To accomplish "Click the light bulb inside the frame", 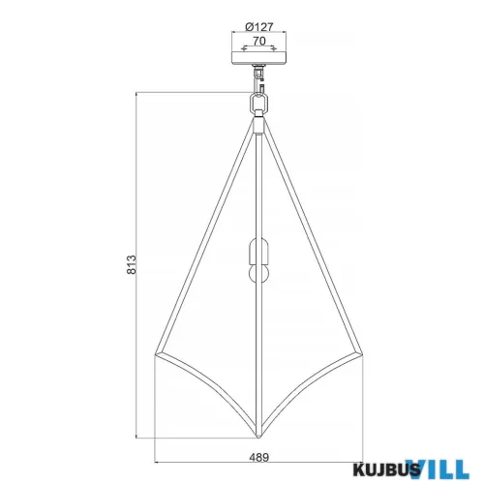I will [257, 274].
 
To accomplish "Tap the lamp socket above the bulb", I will [257, 252].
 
